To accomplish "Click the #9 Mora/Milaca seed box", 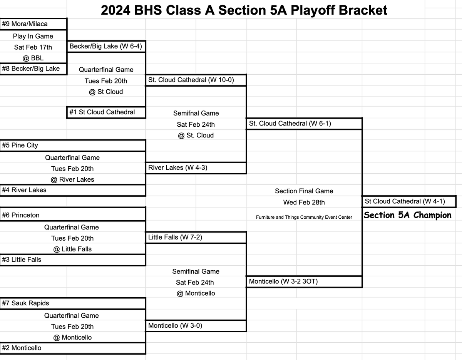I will (33, 24).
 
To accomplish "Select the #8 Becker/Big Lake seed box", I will (33, 69).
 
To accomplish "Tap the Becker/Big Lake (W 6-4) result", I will (106, 47).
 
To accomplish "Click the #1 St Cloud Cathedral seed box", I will (106, 112).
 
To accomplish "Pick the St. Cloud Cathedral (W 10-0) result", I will (196, 80).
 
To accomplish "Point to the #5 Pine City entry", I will (72, 146).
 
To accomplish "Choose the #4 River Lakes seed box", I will (72, 190).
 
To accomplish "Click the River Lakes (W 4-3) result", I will (196, 168).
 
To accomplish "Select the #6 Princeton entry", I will (72, 215).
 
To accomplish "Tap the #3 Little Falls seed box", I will (72, 260).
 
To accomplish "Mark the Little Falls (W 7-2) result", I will (196, 238).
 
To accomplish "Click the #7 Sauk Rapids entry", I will (72, 303).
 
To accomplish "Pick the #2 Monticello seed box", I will (72, 348).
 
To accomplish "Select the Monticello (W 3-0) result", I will (196, 326).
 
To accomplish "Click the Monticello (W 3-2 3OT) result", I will (304, 281).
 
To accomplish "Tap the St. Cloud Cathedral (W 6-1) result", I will (304, 124).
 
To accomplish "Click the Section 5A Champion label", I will (407, 215).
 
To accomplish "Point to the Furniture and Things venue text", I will (304, 217).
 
